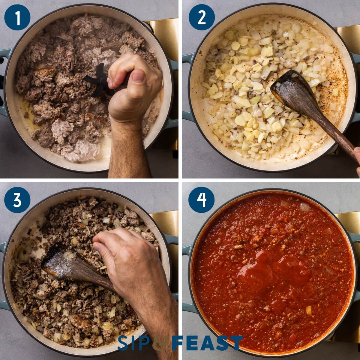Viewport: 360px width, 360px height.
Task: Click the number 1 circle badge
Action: pyautogui.click(x=17, y=17)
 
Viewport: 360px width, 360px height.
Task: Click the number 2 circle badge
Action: pyautogui.click(x=202, y=17)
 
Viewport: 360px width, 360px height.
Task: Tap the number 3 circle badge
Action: pyautogui.click(x=17, y=200)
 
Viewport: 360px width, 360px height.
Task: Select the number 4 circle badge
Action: pyautogui.click(x=202, y=200)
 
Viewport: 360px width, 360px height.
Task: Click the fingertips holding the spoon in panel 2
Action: pyautogui.click(x=357, y=156)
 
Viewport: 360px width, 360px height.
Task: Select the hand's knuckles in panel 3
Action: pyautogui.click(x=120, y=240)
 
